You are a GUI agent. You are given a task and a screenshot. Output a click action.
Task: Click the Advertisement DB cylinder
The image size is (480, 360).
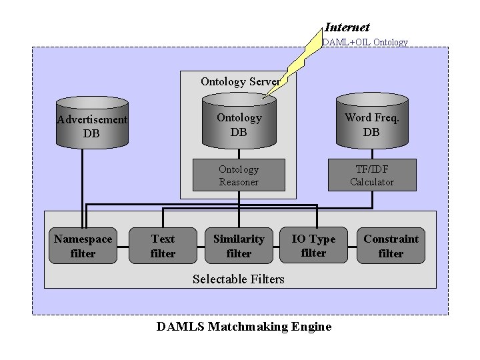pyautogui.click(x=92, y=123)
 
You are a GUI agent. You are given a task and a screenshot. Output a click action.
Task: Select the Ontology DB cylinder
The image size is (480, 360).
pyautogui.click(x=239, y=123)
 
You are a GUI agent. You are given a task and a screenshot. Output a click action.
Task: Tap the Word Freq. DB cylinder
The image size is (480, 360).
pyautogui.click(x=371, y=123)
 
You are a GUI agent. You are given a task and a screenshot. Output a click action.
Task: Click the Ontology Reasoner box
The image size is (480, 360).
pyautogui.click(x=239, y=175)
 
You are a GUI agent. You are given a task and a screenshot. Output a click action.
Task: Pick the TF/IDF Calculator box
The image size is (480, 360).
pyautogui.click(x=372, y=175)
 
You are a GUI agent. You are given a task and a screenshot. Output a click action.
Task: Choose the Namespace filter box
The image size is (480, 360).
pyautogui.click(x=83, y=246)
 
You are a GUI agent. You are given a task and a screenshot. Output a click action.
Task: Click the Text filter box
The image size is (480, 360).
pyautogui.click(x=163, y=246)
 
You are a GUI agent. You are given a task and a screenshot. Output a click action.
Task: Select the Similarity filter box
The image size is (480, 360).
pyautogui.click(x=239, y=246)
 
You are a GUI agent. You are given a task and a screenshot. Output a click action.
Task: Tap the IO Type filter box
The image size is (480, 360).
pyautogui.click(x=313, y=246)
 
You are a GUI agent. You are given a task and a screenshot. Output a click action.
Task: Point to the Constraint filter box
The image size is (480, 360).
pyautogui.click(x=391, y=246)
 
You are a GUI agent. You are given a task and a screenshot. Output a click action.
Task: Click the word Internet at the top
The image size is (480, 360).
pyautogui.click(x=347, y=27)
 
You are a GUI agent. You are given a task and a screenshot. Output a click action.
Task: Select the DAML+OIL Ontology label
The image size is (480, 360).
pyautogui.click(x=365, y=42)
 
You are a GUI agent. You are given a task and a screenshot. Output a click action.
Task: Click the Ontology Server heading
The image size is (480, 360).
pyautogui.click(x=239, y=82)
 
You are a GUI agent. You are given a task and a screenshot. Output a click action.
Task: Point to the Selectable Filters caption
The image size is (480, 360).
pyautogui.click(x=238, y=279)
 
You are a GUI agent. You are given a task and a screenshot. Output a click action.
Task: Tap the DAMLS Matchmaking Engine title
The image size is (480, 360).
pyautogui.click(x=243, y=327)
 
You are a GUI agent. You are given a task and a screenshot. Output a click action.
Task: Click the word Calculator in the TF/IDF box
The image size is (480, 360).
pyautogui.click(x=372, y=182)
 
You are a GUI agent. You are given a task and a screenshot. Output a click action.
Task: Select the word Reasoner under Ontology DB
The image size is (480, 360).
pyautogui.click(x=239, y=182)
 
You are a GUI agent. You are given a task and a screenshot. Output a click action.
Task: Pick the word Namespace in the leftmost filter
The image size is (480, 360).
pyautogui.click(x=83, y=239)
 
